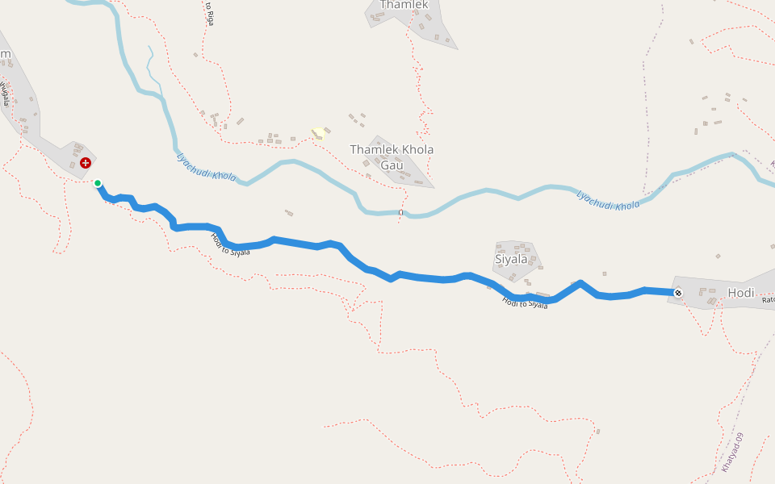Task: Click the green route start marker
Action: [98, 183]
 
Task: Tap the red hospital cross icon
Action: [85, 163]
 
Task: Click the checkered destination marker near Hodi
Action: [678, 292]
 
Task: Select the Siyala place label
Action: [511, 259]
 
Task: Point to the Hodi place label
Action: [740, 293]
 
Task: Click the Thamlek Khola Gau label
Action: [392, 157]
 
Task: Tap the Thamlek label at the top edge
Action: [404, 5]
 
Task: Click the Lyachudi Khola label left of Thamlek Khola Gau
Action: [207, 166]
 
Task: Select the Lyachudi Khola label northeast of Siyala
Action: [608, 200]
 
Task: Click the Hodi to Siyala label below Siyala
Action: [525, 303]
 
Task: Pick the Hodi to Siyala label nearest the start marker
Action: [230, 245]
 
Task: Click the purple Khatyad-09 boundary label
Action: [733, 453]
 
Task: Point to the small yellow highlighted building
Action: [319, 132]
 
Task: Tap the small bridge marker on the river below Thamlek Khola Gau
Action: [401, 212]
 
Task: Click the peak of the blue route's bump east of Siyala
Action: [580, 283]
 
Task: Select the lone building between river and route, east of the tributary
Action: [288, 213]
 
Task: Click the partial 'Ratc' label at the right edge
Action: [768, 300]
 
